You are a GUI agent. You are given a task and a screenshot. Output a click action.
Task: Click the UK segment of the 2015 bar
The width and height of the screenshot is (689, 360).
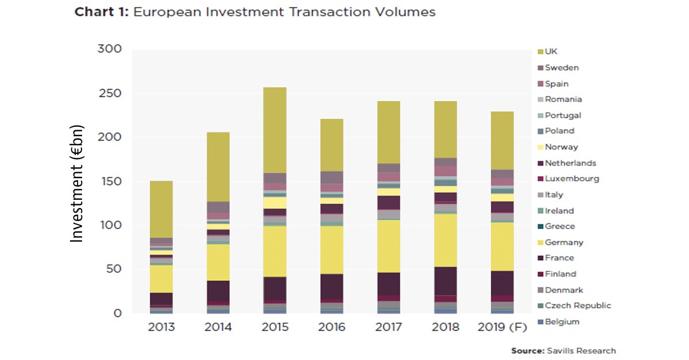[274, 130]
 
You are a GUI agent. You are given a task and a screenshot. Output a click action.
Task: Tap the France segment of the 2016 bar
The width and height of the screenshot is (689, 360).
[331, 286]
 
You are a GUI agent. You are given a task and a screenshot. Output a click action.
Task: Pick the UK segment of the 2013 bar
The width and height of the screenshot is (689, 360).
[161, 209]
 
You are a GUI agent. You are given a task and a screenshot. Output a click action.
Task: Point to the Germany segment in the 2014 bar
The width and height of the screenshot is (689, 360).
[218, 262]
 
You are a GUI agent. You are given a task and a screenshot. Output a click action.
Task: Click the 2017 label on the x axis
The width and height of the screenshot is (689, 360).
[388, 327]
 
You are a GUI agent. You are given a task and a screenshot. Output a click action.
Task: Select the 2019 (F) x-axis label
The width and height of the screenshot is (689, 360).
[502, 327]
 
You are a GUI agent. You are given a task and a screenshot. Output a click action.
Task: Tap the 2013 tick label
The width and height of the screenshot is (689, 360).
[161, 327]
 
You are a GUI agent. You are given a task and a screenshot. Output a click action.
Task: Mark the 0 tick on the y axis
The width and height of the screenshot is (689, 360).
[118, 313]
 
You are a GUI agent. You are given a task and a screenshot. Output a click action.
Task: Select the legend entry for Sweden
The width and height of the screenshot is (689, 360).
[562, 68]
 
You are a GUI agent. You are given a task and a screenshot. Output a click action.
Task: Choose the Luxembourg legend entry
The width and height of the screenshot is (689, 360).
[571, 179]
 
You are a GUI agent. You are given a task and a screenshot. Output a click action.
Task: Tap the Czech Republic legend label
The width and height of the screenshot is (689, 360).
[578, 305]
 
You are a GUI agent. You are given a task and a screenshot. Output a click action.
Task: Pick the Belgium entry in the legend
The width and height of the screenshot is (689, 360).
[562, 322]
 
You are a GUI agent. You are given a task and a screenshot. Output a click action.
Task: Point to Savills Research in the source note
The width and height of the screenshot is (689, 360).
[580, 351]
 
